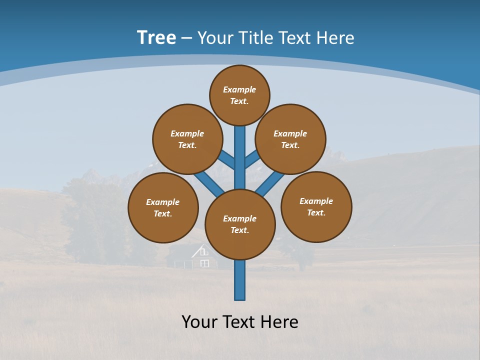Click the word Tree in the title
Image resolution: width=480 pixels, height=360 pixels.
[x=156, y=37]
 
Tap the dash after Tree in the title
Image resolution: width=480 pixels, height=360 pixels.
[x=186, y=38]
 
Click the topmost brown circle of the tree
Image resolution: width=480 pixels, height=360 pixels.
[x=239, y=95]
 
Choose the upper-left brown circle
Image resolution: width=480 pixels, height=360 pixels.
[x=187, y=139]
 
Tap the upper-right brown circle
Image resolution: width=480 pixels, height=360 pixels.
[x=290, y=139]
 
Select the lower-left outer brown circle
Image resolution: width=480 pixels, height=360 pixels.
[x=163, y=207]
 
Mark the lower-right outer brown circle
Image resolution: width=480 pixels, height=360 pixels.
[x=316, y=206]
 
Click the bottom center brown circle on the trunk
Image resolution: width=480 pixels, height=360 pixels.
[x=240, y=224]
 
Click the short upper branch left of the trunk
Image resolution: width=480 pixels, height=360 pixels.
[x=227, y=159]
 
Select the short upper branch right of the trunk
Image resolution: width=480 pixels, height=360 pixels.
[x=251, y=159]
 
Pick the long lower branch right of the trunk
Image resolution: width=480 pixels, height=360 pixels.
[x=270, y=183]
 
